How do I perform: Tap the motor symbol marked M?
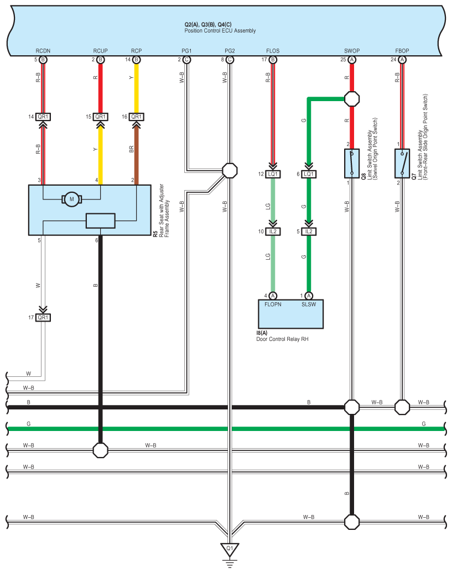pos(72,199)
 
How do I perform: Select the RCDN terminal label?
pos(43,51)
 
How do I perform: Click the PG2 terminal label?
pos(230,51)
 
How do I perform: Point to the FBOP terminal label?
pos(402,51)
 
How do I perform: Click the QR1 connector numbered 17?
pos(43,318)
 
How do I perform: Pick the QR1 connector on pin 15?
pos(100,117)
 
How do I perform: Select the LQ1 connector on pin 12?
pos(273,174)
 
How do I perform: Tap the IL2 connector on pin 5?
pos(309,232)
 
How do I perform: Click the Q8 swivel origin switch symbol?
pos(352,164)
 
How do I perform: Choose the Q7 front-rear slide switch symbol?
pos(402,164)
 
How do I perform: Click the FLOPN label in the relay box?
pos(273,304)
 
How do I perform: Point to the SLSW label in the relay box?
pos(309,304)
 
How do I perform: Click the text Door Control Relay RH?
pos(282,339)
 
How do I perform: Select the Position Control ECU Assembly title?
pos(220,31)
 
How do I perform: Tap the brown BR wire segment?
pos(137,154)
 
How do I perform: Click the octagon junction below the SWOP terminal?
pos(352,99)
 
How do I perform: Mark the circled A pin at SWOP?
pos(352,60)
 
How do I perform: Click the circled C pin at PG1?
pos(186,60)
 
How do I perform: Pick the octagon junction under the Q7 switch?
pos(402,407)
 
